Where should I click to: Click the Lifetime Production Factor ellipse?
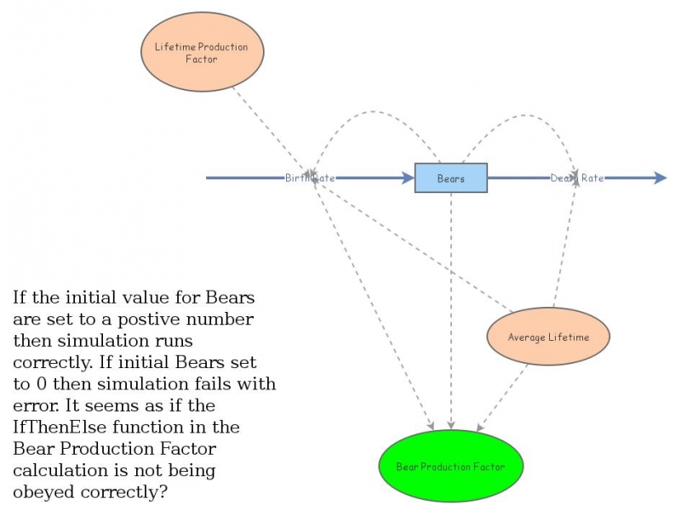pos(202,53)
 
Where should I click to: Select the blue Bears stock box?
pos(450,178)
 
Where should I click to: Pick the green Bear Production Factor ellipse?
pos(450,467)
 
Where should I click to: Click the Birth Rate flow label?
pos(310,178)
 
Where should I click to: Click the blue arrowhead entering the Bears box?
pos(406,178)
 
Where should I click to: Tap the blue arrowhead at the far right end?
pos(660,178)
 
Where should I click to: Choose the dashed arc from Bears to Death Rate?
pos(519,114)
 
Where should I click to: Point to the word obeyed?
pos(43,491)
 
